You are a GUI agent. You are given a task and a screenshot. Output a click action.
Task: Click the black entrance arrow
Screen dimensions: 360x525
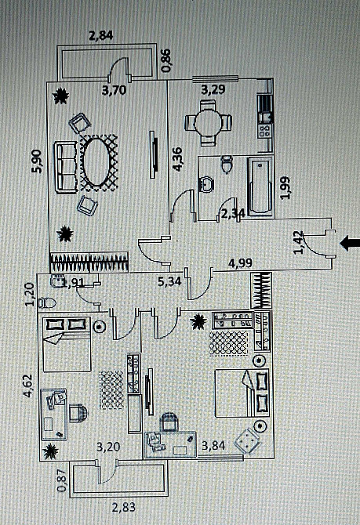pos(350,243)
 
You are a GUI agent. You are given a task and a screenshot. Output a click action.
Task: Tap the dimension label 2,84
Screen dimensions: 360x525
pos(101,35)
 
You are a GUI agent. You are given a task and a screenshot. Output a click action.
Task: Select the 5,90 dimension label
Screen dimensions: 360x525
pos(37,161)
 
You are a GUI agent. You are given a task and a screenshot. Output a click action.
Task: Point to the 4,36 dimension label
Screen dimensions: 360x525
pos(177,159)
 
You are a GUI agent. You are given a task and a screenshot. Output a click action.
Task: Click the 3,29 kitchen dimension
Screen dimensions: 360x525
pos(213,90)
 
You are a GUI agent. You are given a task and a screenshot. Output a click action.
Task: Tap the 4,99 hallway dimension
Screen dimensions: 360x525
pos(240,262)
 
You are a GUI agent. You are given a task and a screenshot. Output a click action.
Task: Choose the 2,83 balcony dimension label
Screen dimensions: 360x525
pos(124,507)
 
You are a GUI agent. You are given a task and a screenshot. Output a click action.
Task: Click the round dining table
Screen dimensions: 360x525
pos(208,123)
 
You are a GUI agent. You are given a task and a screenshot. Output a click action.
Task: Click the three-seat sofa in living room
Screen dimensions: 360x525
pos(65,168)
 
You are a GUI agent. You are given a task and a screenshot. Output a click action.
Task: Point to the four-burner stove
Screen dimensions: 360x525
pos(264,131)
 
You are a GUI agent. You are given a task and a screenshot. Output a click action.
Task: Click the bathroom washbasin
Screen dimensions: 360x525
pos(206,183)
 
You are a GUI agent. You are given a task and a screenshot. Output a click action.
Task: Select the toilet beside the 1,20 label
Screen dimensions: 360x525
pos(47,303)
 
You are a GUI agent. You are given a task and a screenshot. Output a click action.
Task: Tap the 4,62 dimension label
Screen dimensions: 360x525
pos(28,386)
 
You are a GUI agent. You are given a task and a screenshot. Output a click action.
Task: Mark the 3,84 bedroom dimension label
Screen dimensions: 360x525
pos(213,445)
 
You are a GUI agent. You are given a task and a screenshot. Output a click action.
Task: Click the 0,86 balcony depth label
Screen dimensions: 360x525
pos(166,60)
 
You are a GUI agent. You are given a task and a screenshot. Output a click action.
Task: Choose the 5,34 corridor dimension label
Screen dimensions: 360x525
pos(169,281)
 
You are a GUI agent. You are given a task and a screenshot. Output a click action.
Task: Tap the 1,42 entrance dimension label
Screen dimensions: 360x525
pos(299,243)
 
